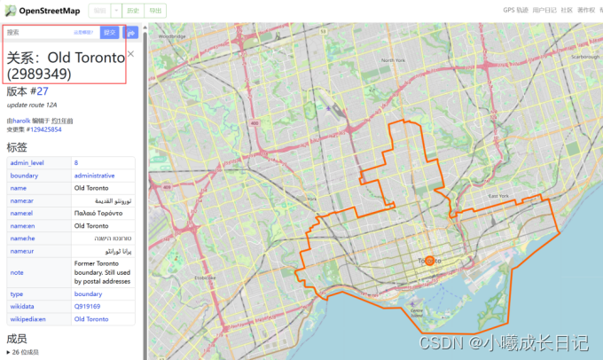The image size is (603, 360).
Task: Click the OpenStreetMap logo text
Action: (x=45, y=10)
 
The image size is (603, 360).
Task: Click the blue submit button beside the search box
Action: (x=109, y=32)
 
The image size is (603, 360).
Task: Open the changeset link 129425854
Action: (x=43, y=129)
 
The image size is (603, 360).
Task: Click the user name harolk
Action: (x=21, y=121)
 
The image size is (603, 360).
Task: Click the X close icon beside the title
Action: (x=131, y=54)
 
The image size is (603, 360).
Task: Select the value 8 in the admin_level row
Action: (x=76, y=163)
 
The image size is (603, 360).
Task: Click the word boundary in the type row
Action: (x=88, y=293)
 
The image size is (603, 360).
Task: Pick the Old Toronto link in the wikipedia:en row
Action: (x=91, y=318)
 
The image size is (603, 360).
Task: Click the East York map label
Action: (x=497, y=196)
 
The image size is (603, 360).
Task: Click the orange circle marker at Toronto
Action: (x=429, y=261)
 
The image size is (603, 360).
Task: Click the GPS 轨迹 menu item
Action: (x=515, y=10)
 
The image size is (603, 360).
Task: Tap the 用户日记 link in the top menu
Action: (x=545, y=10)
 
